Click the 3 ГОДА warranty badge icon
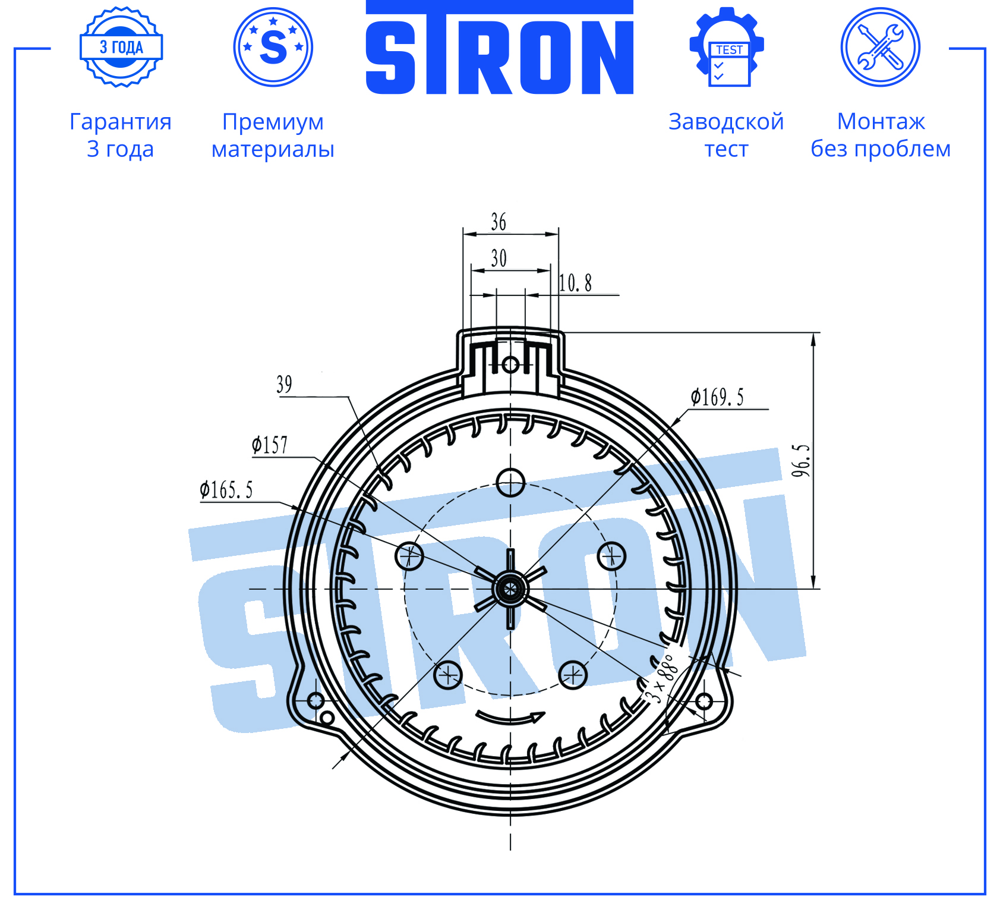121,47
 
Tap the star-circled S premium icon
273,47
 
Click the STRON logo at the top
500,48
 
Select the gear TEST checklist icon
727,47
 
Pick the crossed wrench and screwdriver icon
881,47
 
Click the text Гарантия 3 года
121,135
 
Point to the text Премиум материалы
273,135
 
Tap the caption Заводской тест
726,135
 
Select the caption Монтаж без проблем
881,135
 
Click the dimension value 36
499,222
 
